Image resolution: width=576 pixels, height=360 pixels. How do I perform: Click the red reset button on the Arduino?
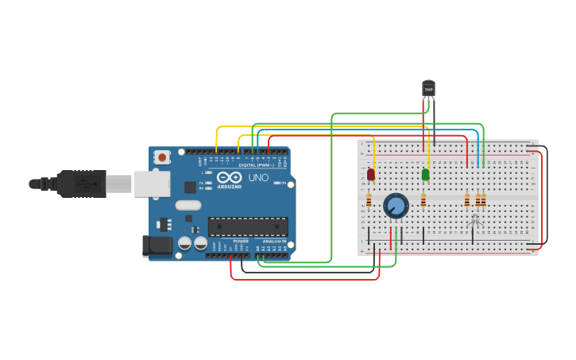[x=162, y=157]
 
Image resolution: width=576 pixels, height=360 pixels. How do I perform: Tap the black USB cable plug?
[x=79, y=184]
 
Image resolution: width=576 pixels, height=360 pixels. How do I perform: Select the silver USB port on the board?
[x=152, y=184]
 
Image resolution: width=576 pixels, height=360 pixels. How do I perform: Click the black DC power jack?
[x=157, y=246]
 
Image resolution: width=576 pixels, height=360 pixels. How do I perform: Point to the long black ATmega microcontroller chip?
[x=248, y=226]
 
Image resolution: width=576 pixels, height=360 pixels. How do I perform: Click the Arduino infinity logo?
[x=230, y=178]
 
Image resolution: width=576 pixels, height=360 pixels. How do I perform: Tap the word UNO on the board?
[x=258, y=178]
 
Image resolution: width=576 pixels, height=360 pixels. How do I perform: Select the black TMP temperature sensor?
[x=428, y=88]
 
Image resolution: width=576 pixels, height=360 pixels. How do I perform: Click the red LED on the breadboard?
[x=371, y=174]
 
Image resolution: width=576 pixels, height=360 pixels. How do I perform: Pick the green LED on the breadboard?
[x=425, y=174]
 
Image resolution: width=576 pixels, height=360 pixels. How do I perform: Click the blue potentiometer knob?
[x=396, y=206]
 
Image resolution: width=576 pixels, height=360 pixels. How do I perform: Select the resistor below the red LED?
[x=369, y=200]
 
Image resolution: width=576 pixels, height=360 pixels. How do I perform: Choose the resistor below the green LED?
[x=423, y=200]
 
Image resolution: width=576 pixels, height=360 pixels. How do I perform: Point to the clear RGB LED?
[x=475, y=221]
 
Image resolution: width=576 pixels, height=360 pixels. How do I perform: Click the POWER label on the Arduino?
[x=241, y=241]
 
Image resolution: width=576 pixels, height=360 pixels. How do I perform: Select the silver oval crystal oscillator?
[x=188, y=205]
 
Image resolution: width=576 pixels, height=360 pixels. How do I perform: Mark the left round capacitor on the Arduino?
[x=184, y=243]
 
